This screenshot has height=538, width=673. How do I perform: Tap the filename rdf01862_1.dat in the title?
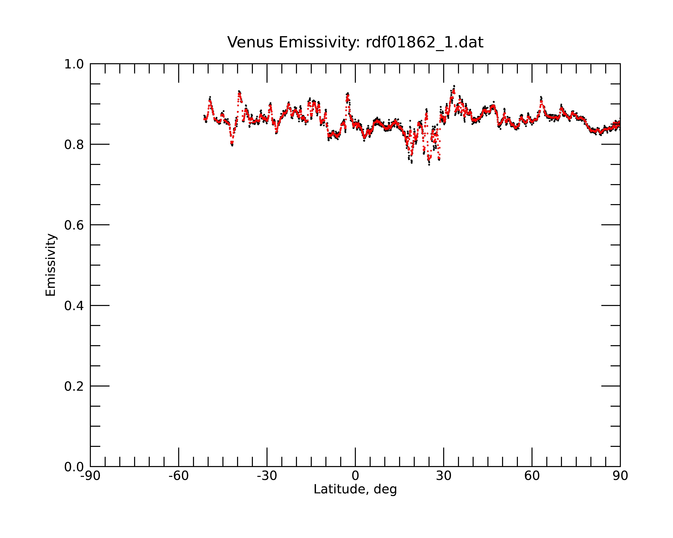pos(424,43)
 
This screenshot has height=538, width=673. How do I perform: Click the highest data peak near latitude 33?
pos(454,86)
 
